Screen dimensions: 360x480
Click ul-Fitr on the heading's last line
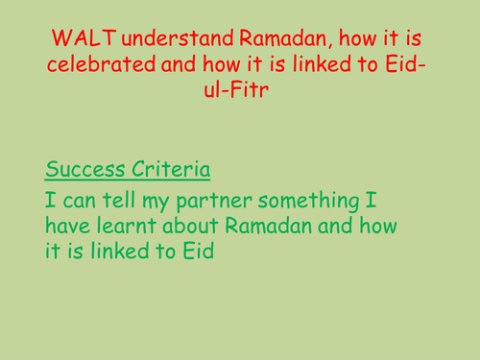239,94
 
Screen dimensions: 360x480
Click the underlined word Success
84,171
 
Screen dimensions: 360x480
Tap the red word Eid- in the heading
412,67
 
